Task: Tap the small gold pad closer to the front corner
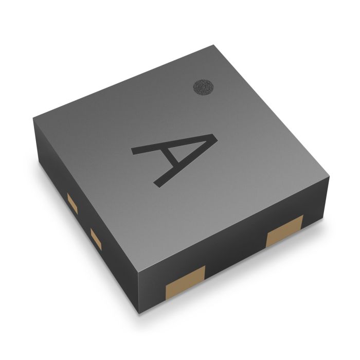[96, 237]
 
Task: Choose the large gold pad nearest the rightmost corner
[284, 231]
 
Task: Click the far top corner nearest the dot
[212, 46]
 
